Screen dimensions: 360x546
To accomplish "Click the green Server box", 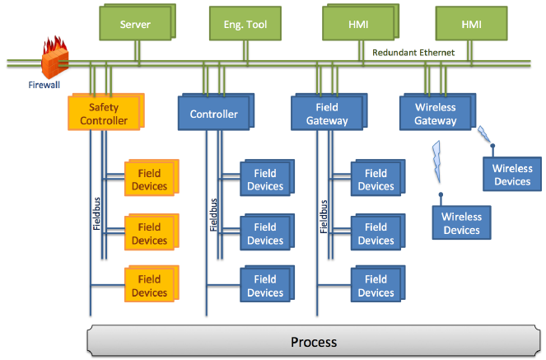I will [135, 24].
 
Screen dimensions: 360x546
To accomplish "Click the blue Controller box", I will [213, 115].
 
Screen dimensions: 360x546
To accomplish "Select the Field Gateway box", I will [326, 114].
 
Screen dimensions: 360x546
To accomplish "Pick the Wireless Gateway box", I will [436, 114].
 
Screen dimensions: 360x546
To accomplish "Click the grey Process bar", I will [314, 341].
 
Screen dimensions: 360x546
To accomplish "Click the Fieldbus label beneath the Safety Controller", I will [96, 213].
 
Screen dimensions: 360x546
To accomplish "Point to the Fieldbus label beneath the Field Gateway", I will [323, 213].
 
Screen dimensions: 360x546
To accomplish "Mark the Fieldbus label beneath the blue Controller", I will [212, 213].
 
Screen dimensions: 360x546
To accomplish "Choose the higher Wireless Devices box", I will [512, 175].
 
